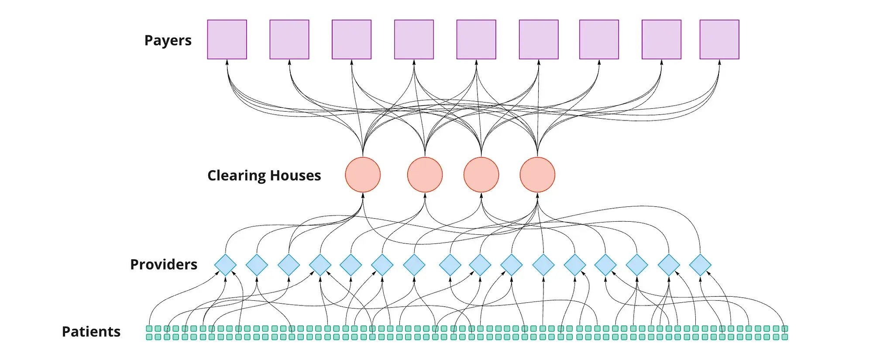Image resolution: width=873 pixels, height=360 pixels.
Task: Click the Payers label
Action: tap(168, 40)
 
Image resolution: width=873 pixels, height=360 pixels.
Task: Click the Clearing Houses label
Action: tap(264, 175)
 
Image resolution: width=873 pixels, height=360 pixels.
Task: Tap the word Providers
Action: tap(164, 264)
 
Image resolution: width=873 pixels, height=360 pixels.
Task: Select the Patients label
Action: tap(91, 332)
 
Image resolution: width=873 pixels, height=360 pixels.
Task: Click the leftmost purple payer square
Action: tap(227, 39)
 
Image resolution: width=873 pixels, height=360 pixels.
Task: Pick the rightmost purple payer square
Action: tap(719, 39)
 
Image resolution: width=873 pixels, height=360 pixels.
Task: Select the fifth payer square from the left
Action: tap(476, 39)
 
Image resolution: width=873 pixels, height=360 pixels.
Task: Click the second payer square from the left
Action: tap(289, 39)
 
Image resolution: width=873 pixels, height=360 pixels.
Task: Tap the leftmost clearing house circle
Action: tap(363, 175)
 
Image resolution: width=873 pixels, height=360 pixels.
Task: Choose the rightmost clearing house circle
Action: tap(537, 175)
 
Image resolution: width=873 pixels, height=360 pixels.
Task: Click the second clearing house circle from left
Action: tap(425, 175)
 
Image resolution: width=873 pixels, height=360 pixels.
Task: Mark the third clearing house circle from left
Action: tap(481, 175)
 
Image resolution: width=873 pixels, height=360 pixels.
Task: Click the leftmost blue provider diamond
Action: tap(225, 265)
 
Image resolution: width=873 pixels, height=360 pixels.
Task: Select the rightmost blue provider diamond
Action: tap(700, 265)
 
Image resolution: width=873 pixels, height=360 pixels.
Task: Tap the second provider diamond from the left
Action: tap(257, 265)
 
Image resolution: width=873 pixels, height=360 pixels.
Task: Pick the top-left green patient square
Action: tap(149, 329)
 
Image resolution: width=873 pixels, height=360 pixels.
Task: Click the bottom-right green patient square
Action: tap(784, 337)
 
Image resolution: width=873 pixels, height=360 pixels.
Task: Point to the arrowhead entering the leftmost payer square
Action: tap(227, 63)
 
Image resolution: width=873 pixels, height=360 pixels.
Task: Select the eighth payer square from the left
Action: tap(661, 39)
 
